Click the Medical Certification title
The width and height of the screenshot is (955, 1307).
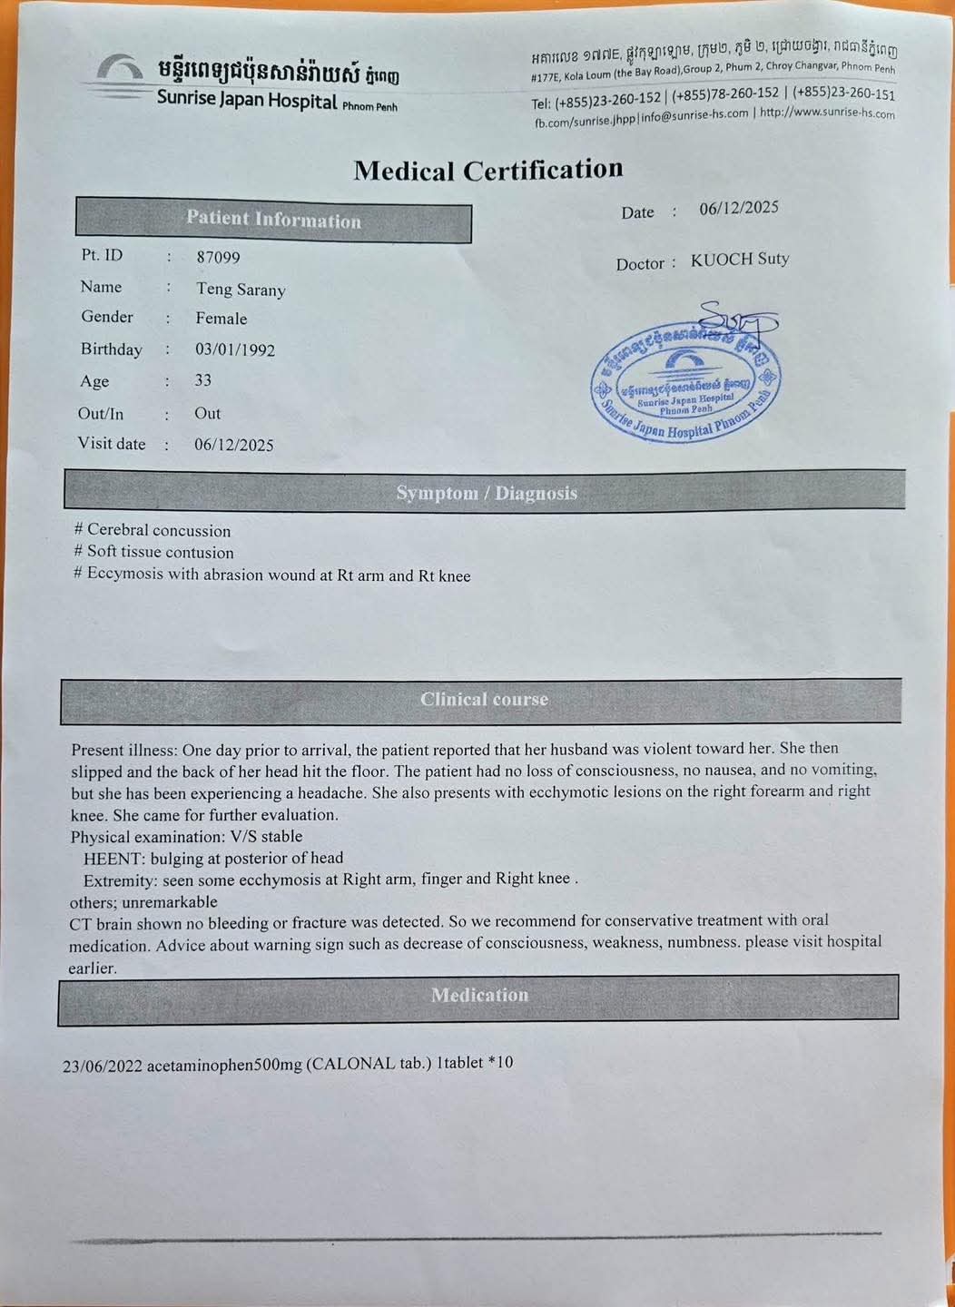[x=488, y=170]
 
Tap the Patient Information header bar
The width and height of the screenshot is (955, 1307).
[x=273, y=221]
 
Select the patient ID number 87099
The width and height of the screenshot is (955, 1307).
[x=218, y=258]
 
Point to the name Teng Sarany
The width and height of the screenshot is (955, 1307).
[x=241, y=290]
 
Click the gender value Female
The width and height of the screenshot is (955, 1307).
[x=221, y=319]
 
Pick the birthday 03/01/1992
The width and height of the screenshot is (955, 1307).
[x=234, y=350]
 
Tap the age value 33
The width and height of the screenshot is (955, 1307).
[x=202, y=381]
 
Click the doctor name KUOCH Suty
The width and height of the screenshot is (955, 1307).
[x=740, y=260]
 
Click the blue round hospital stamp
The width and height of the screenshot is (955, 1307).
[x=685, y=381]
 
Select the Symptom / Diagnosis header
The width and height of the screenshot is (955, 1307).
[x=486, y=493]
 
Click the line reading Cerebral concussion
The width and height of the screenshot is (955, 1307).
[x=158, y=531]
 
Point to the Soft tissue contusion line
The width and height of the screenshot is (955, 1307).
[x=160, y=553]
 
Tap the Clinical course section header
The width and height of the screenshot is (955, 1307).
[x=484, y=700]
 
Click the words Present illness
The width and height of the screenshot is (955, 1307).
[x=123, y=751]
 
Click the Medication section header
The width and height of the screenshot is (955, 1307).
[x=479, y=995]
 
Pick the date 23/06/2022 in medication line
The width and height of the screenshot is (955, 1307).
[x=103, y=1066]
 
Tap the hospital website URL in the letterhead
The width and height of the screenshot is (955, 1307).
[x=827, y=113]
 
